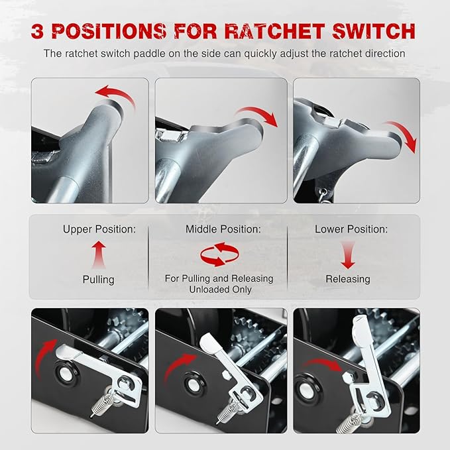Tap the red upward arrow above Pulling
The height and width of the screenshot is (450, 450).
click(x=99, y=254)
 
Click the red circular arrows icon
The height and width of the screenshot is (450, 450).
click(x=218, y=254)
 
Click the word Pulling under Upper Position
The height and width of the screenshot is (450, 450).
click(x=99, y=279)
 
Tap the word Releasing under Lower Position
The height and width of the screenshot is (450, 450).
click(x=348, y=279)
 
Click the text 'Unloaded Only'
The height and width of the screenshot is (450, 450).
click(x=219, y=290)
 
